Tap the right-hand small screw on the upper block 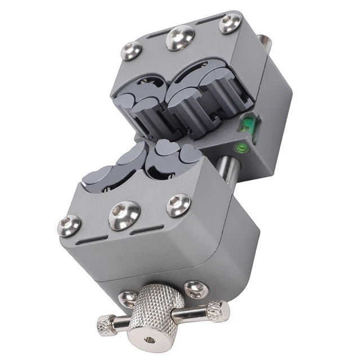pos(229,24)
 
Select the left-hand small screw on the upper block pos(130,52)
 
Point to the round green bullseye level pos(240,148)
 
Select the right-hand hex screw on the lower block pos(178,205)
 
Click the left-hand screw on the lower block pos(69,226)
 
